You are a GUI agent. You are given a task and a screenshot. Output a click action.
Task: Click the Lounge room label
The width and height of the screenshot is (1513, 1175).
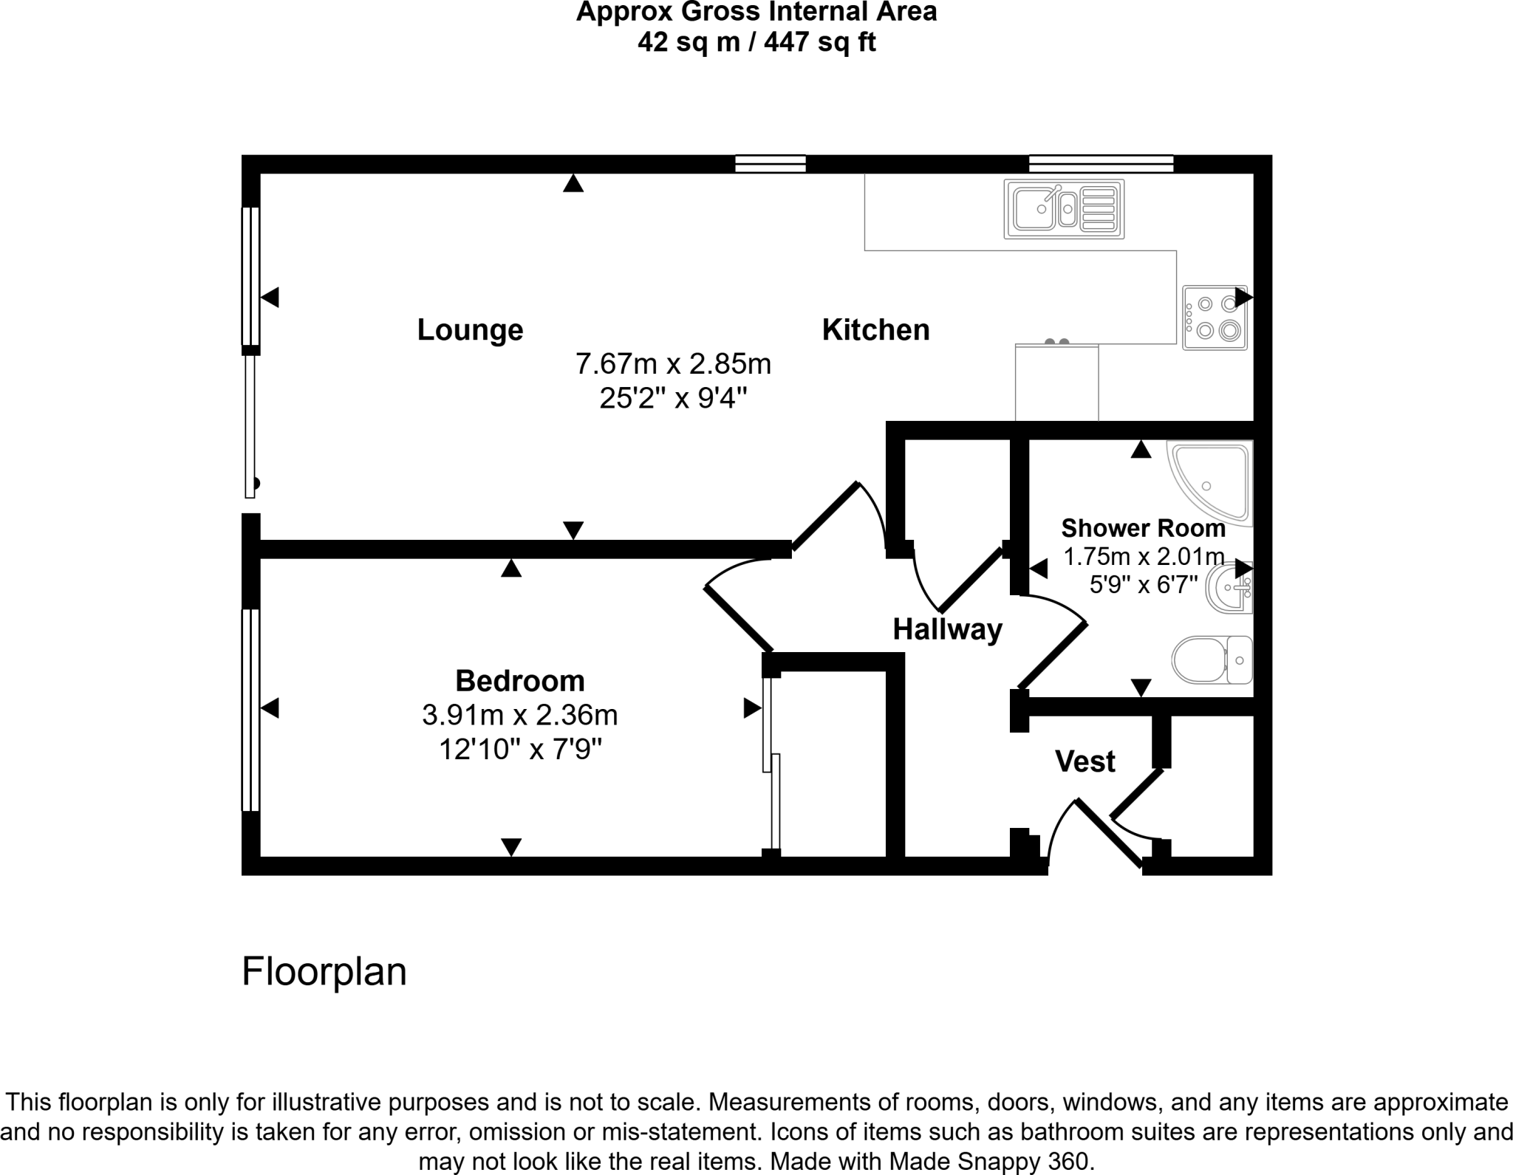470,329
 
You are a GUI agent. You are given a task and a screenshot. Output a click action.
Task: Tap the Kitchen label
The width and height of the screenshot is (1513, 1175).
875,329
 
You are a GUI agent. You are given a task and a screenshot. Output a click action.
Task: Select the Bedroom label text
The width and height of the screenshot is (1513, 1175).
519,680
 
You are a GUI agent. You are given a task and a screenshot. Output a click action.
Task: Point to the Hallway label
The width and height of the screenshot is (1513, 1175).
947,629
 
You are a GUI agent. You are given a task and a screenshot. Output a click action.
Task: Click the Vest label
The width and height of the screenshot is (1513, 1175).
1085,761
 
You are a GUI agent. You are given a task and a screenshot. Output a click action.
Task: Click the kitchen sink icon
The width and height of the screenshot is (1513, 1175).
1064,209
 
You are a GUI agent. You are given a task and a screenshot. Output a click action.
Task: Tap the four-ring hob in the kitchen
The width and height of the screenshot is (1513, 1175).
1215,318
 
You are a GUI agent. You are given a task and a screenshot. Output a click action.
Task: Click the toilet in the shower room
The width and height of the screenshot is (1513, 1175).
1212,660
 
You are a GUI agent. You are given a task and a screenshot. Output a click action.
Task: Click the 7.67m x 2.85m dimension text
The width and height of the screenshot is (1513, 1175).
673,364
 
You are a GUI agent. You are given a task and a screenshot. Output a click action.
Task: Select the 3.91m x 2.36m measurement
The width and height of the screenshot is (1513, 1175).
519,715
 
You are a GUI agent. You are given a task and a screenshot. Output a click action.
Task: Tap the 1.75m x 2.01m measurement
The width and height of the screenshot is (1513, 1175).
1143,556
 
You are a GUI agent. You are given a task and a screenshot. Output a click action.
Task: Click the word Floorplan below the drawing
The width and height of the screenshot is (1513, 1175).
324,971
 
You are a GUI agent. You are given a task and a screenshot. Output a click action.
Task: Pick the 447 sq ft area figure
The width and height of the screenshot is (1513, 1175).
819,42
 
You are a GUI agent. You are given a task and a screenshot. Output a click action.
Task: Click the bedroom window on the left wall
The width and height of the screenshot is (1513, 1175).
251,710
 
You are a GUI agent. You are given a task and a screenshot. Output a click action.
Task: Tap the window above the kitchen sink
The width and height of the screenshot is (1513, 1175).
1101,163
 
